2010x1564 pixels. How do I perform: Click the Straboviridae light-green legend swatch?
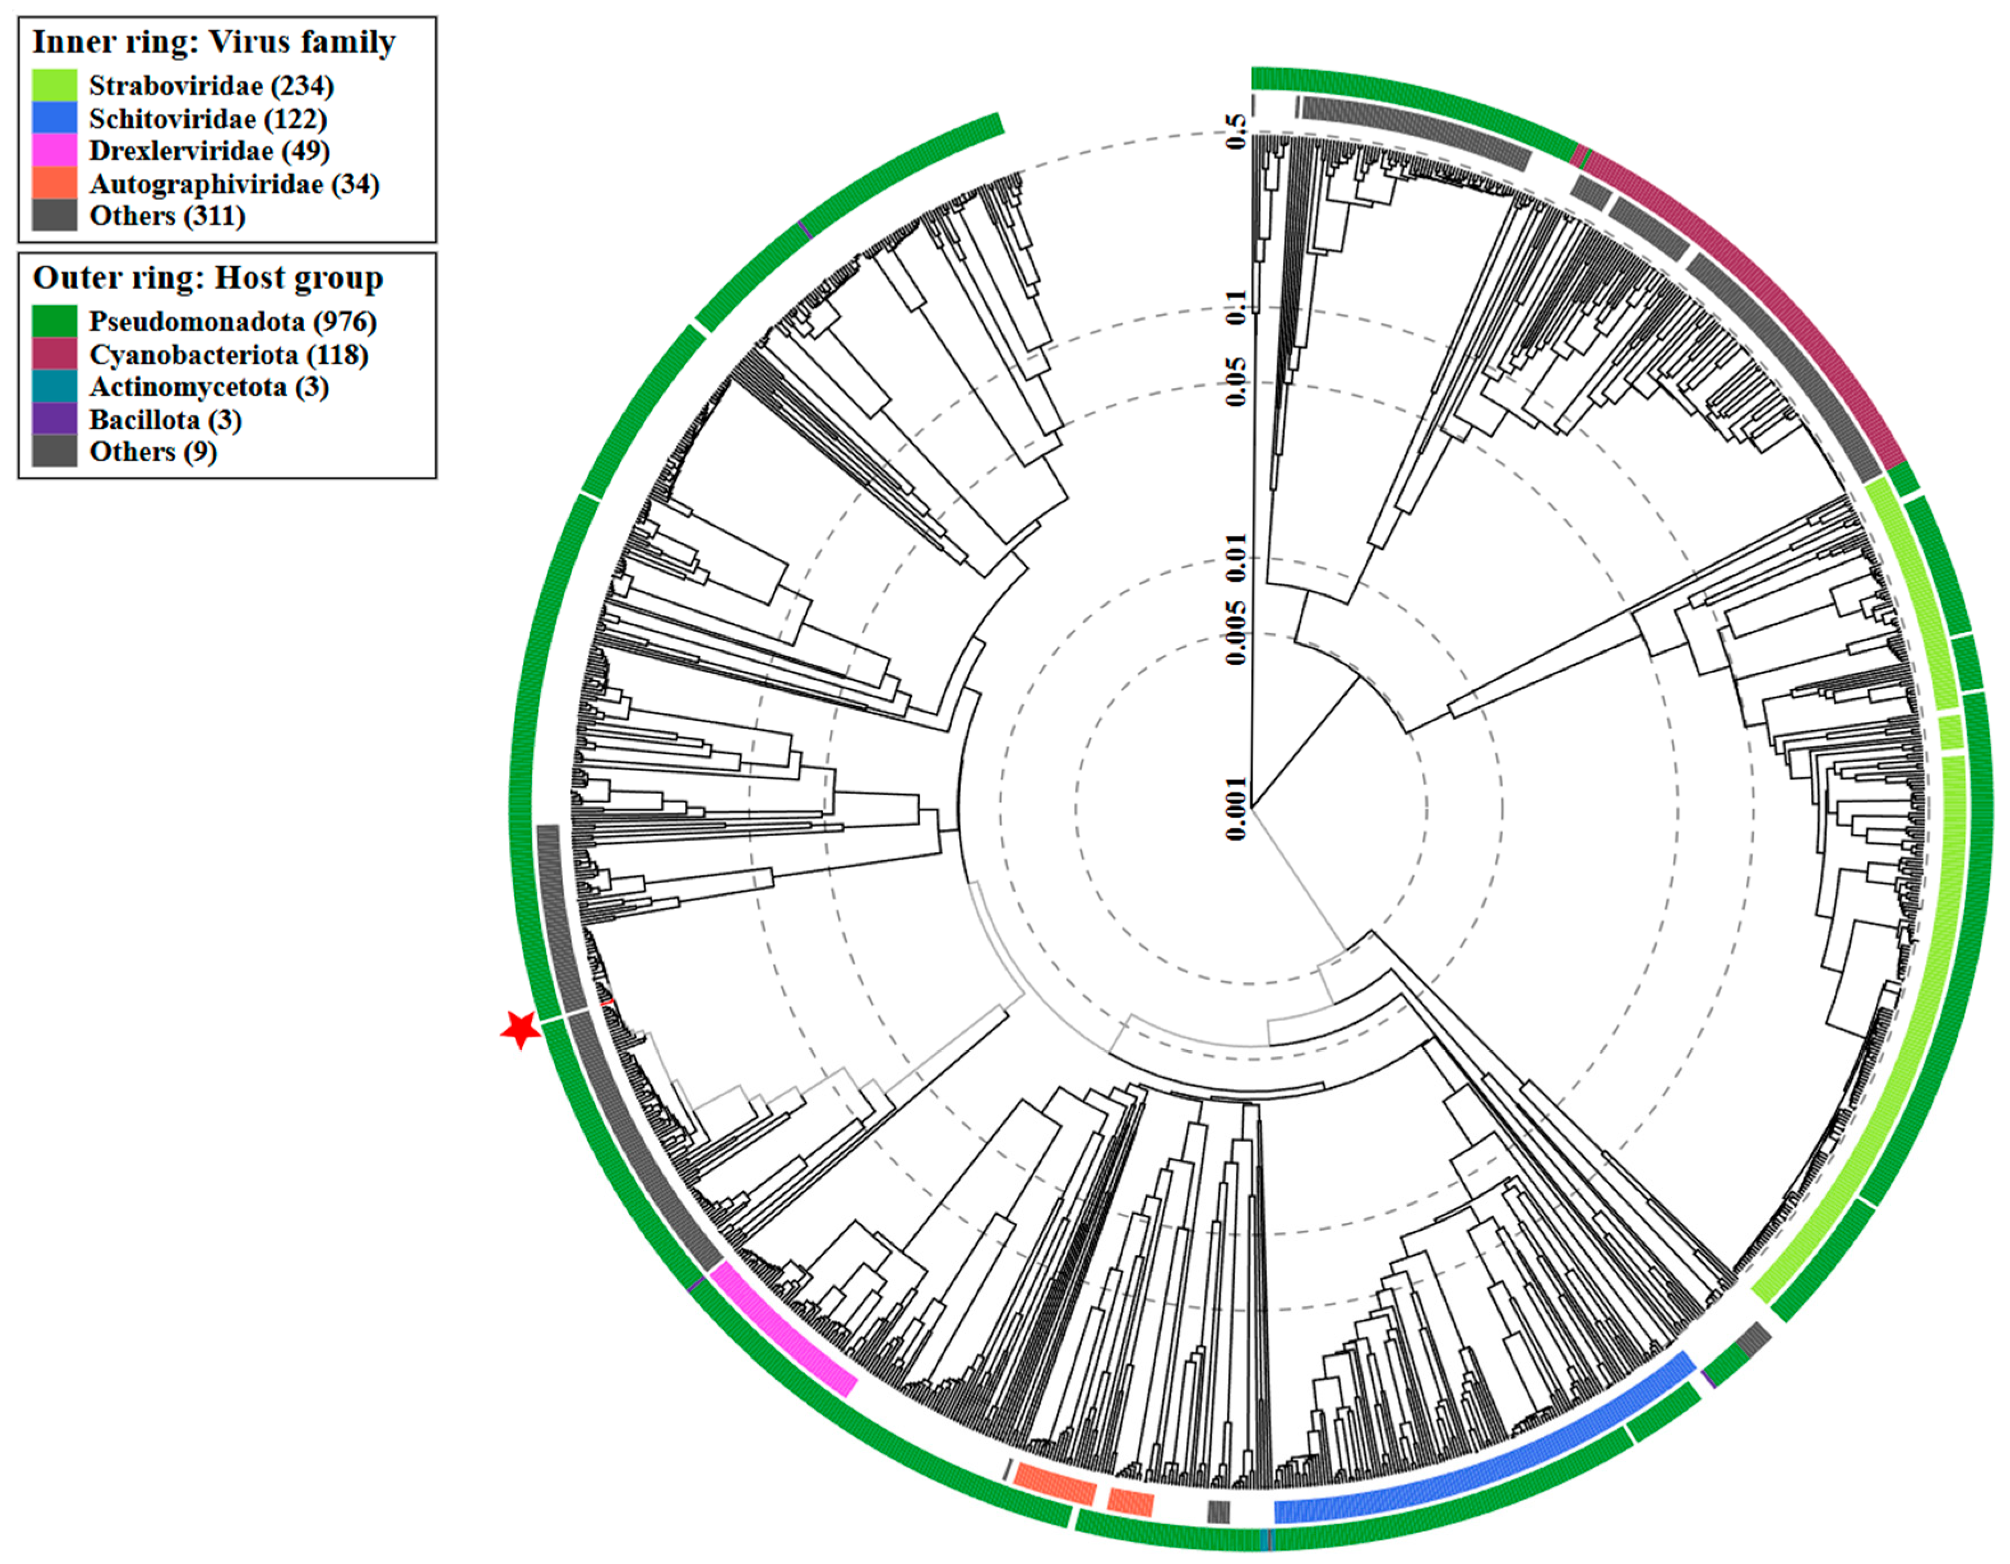[54, 86]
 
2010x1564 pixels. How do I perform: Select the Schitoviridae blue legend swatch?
[54, 118]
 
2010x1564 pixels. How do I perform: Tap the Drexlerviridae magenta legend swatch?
[54, 150]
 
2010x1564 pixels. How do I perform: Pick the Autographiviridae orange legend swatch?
[54, 183]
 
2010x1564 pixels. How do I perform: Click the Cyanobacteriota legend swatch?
[54, 354]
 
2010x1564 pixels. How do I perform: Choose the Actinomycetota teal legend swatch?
[54, 387]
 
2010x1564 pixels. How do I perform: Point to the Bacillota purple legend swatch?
[54, 419]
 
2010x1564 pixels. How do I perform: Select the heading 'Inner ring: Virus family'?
[213, 42]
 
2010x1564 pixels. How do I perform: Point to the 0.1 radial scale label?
[1237, 306]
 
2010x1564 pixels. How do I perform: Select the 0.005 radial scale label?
[1237, 633]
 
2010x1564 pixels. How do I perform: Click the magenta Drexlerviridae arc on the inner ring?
[783, 1330]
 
